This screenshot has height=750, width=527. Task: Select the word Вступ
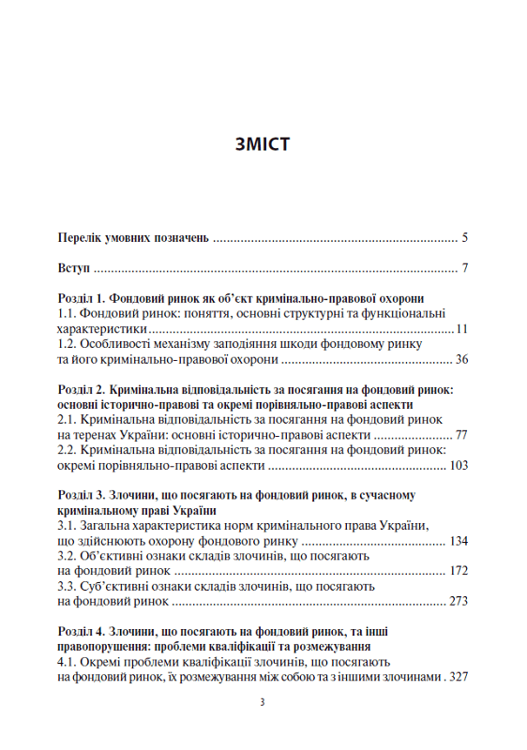(x=73, y=270)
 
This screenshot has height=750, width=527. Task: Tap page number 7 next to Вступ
(x=465, y=270)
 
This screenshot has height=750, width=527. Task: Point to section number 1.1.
(x=68, y=315)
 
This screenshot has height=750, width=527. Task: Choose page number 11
(x=461, y=330)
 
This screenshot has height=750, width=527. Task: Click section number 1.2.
(x=68, y=345)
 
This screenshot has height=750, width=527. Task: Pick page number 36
(x=460, y=360)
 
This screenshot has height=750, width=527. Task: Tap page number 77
(x=460, y=435)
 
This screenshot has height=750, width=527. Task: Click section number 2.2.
(x=68, y=450)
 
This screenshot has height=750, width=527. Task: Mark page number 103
(x=458, y=465)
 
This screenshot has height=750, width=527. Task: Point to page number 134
(x=458, y=541)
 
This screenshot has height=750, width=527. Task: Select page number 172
(x=458, y=571)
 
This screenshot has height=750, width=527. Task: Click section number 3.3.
(x=68, y=586)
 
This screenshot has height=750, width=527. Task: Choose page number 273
(x=458, y=601)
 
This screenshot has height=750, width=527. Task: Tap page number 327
(x=458, y=676)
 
